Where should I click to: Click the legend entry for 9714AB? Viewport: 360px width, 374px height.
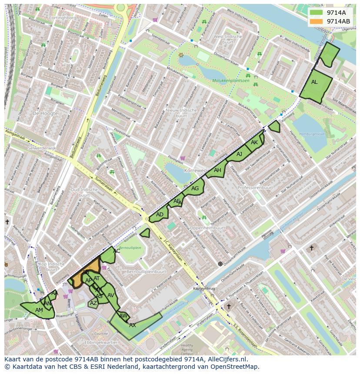[x=338, y=21]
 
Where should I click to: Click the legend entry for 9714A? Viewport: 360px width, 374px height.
[x=335, y=13]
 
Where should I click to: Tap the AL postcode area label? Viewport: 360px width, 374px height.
[x=314, y=82]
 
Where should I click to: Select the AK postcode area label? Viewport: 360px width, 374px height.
[x=254, y=142]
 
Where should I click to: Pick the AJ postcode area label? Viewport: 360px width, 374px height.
[x=239, y=154]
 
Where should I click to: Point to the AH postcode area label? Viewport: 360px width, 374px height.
[x=217, y=170]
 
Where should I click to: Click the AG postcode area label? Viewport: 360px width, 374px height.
[x=195, y=189]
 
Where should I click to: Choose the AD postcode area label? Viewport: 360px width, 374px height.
[x=160, y=215]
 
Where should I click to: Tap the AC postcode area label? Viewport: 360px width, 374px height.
[x=117, y=251]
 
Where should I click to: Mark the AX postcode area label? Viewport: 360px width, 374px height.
[x=133, y=325]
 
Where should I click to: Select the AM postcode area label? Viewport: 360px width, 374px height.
[x=39, y=310]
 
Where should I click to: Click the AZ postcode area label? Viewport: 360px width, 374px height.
[x=93, y=303]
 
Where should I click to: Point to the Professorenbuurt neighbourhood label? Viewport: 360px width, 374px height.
[x=256, y=188]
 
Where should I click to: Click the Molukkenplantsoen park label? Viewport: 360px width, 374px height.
[x=231, y=81]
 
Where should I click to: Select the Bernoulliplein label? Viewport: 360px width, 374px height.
[x=130, y=248]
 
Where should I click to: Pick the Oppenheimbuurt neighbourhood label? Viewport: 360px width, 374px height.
[x=207, y=228]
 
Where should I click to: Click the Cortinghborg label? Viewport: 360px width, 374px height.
[x=63, y=18]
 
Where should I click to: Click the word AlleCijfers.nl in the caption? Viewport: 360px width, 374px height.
[x=226, y=359]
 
